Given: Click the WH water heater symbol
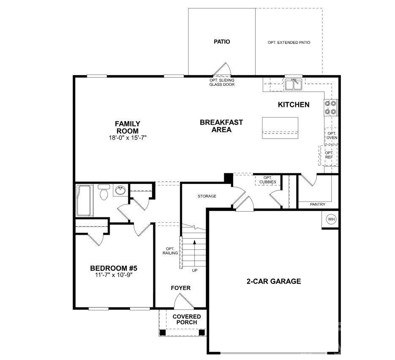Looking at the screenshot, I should [331, 219].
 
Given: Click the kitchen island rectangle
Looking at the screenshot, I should [280, 127].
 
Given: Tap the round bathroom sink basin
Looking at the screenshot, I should [120, 190].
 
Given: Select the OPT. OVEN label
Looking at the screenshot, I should [332, 135].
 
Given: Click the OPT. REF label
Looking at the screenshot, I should [329, 155].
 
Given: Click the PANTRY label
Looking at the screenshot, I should [318, 205].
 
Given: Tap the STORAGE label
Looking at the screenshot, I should [207, 196].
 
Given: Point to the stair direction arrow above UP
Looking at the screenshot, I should [194, 251].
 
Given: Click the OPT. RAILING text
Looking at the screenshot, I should [170, 251].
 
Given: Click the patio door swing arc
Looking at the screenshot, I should [223, 69].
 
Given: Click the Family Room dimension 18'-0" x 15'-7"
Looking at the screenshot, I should [127, 137].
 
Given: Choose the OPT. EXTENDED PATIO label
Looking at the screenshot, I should [289, 43].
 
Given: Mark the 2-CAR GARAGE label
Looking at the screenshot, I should [274, 281].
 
